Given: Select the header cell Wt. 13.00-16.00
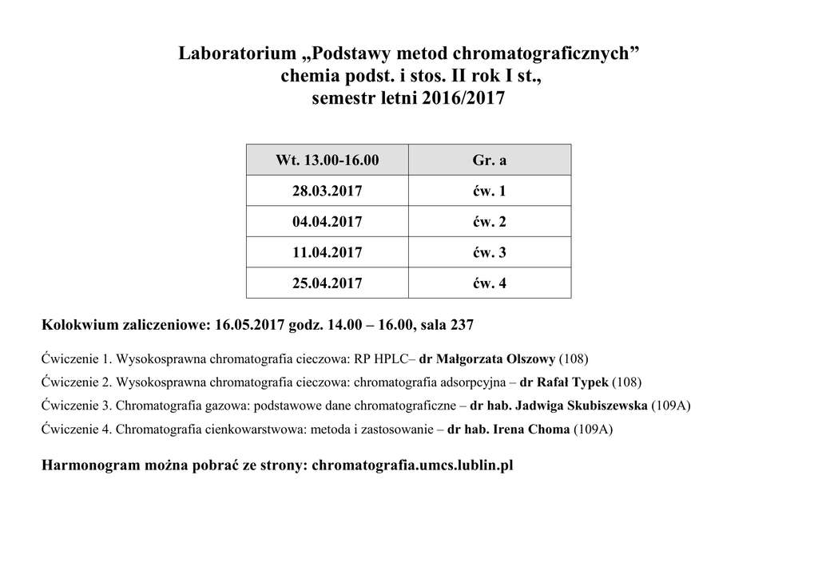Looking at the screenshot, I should pyautogui.click(x=327, y=160).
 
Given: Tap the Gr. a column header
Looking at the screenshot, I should pyautogui.click(x=489, y=160).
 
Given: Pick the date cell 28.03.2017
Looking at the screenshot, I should pyautogui.click(x=327, y=192).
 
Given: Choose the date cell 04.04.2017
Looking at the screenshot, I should pyautogui.click(x=327, y=222).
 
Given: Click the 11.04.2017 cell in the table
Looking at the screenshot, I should pyautogui.click(x=327, y=253).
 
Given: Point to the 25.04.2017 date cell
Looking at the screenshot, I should pyautogui.click(x=327, y=283).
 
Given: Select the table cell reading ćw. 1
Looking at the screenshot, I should pyautogui.click(x=489, y=192).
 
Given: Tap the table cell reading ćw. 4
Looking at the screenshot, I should pyautogui.click(x=489, y=283).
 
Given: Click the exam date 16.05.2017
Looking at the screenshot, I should pyautogui.click(x=249, y=326).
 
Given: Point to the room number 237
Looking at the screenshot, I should pyautogui.click(x=462, y=326).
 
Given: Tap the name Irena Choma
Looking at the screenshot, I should pyautogui.click(x=531, y=430).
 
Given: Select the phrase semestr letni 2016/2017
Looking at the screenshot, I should pyautogui.click(x=408, y=100).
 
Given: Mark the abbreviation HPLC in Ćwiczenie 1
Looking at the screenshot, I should pyautogui.click(x=390, y=358).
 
